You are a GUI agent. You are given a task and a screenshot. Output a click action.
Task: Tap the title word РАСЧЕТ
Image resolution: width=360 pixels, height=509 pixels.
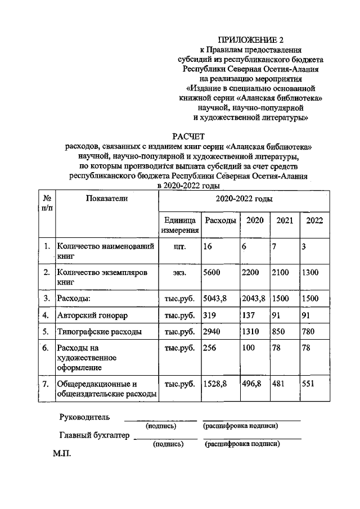click(x=188, y=136)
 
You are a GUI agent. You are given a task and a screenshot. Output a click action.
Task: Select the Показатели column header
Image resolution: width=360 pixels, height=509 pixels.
click(x=107, y=199)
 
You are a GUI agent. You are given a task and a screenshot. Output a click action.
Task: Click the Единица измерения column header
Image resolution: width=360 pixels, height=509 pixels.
click(x=179, y=225)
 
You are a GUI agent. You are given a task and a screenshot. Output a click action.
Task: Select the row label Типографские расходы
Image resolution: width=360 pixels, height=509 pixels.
click(x=99, y=332)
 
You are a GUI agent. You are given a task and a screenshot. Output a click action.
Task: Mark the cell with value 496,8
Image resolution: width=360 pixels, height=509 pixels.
click(x=251, y=384)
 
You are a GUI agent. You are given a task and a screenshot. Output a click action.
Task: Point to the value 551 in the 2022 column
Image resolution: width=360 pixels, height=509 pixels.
click(x=310, y=384)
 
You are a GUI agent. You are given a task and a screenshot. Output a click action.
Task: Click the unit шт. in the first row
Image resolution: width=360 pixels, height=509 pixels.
click(x=180, y=246)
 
